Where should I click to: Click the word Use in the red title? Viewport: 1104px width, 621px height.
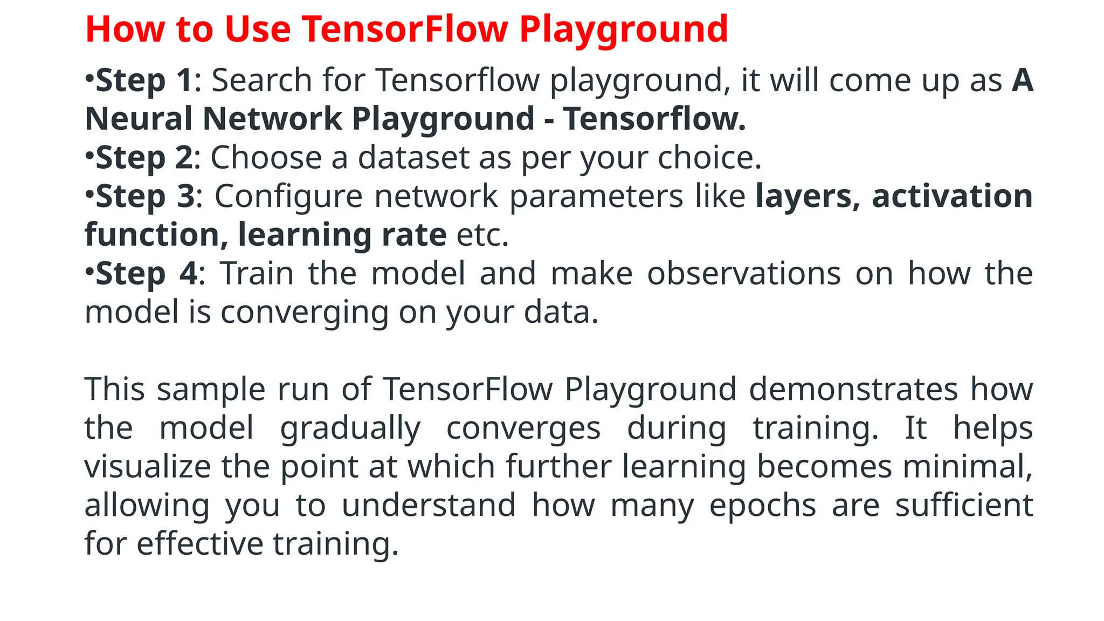coord(258,29)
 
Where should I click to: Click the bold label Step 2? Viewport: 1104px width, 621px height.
coord(144,158)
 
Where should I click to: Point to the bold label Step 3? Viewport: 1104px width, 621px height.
coord(145,197)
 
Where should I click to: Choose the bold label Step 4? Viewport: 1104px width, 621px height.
coord(147,274)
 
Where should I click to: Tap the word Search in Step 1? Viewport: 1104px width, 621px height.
coord(261,81)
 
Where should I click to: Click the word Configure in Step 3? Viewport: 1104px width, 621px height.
coord(288,197)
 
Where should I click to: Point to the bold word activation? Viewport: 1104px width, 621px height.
coord(952,197)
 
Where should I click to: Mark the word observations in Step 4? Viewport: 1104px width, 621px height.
coord(744,274)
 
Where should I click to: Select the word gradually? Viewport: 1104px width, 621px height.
coord(350,429)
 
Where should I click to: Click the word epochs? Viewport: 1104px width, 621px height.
coord(763,506)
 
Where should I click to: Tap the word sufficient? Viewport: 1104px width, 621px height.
coord(964,506)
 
